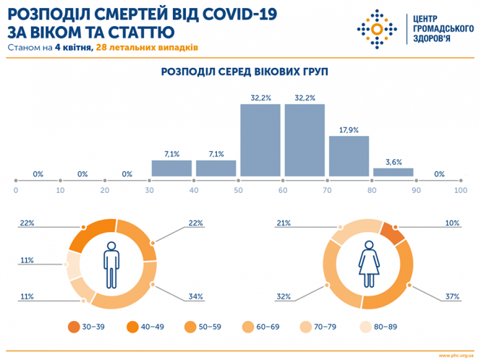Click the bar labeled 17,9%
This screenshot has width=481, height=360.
349,155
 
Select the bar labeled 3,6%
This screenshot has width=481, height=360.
393,172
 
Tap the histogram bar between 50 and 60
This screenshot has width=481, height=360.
260,140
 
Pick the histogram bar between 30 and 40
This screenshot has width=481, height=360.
171,168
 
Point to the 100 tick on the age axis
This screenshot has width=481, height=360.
460,189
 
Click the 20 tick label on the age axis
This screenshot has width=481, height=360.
105,189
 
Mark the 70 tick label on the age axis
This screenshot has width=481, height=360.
327,189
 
